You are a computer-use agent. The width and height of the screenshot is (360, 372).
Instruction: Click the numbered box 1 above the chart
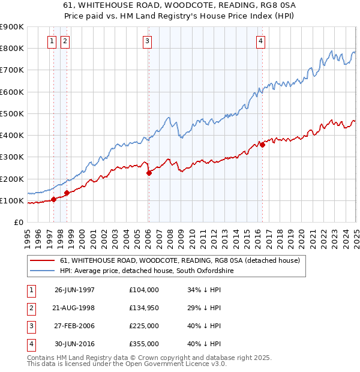(x=52, y=41)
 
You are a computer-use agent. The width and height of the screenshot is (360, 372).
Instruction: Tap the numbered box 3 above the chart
(x=147, y=41)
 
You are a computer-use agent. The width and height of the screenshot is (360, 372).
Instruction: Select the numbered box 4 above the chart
(x=261, y=41)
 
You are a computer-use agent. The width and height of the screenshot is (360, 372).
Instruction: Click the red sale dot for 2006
(x=149, y=173)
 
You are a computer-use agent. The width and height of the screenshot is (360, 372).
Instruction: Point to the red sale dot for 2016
(x=263, y=145)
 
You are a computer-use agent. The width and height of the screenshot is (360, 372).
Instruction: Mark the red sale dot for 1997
(x=54, y=199)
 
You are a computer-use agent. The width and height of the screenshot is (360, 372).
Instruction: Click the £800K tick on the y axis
(x=12, y=48)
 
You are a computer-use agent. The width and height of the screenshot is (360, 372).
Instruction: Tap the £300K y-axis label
(x=12, y=157)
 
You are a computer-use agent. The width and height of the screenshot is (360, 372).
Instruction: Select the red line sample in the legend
(x=42, y=261)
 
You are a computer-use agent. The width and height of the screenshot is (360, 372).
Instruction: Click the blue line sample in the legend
(x=42, y=271)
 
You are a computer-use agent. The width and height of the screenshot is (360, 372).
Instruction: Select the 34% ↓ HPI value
(x=205, y=290)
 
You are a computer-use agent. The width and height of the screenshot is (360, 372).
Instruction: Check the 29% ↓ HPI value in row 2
(x=205, y=308)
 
